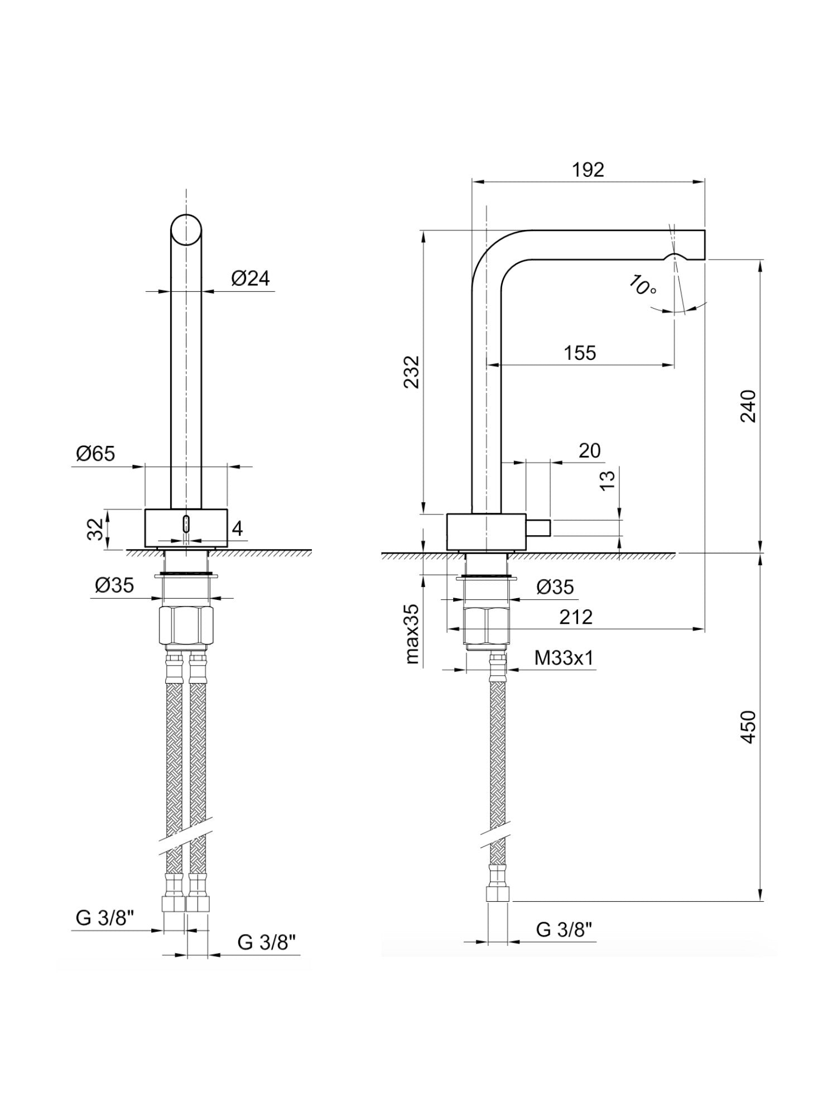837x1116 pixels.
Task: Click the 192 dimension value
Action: pyautogui.click(x=588, y=170)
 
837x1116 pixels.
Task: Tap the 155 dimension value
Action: pyautogui.click(x=580, y=353)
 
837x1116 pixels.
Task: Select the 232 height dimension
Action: pyautogui.click(x=412, y=372)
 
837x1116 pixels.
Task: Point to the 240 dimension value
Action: pyautogui.click(x=748, y=406)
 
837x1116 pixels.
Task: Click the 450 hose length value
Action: pyautogui.click(x=748, y=727)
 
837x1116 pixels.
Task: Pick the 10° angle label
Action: pyautogui.click(x=642, y=286)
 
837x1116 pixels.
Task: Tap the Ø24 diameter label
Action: pyautogui.click(x=251, y=278)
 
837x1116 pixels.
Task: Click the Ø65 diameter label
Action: pyautogui.click(x=95, y=454)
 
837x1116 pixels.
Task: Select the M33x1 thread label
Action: pyautogui.click(x=564, y=658)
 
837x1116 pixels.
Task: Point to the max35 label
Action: pyautogui.click(x=412, y=633)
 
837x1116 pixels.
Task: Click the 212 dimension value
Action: pyautogui.click(x=576, y=617)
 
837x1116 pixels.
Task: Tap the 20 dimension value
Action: pyautogui.click(x=589, y=450)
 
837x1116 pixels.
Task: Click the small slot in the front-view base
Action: pyautogui.click(x=186, y=525)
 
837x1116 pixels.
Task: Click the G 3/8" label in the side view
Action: pyautogui.click(x=564, y=930)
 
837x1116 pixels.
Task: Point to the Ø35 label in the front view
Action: pyautogui.click(x=114, y=585)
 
